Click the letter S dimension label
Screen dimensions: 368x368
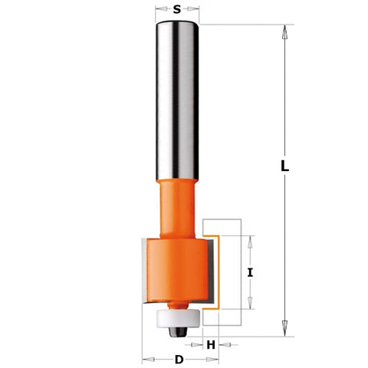177,9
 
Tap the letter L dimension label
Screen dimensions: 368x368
284,166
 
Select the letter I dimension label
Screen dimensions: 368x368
250,273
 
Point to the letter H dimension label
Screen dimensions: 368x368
211,345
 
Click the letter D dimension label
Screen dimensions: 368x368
179,360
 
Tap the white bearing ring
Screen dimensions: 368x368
177,318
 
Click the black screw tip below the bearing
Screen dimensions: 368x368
177,331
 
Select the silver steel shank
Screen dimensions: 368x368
177,100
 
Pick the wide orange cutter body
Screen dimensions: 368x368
177,270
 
